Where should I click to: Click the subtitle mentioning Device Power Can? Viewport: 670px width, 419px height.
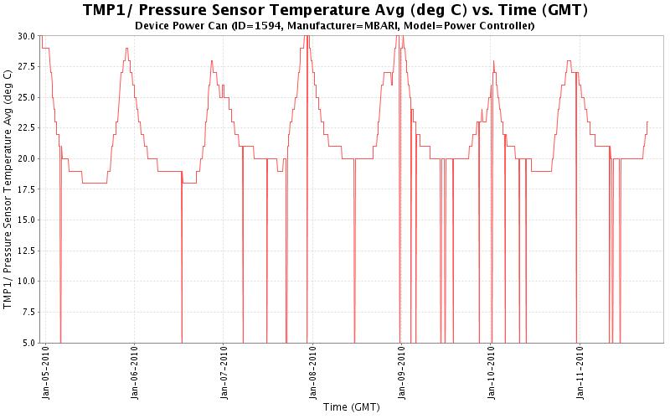point(335,26)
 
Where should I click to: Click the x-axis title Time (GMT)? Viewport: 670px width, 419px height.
point(352,407)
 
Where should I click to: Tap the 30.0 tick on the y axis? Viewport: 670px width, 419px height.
point(25,36)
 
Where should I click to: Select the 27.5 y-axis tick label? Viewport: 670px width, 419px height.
point(25,67)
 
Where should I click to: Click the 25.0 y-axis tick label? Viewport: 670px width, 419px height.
point(25,97)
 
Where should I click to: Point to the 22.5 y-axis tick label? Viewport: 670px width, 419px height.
point(25,128)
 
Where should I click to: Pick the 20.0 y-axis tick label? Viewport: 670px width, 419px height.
point(25,158)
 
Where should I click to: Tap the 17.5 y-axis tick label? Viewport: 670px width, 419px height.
point(25,189)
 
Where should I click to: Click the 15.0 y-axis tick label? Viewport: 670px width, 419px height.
point(25,220)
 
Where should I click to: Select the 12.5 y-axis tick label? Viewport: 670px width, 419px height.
point(25,251)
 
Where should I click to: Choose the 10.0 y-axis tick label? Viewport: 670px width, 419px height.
point(25,281)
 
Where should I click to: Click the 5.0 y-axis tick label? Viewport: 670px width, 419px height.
point(27,342)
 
